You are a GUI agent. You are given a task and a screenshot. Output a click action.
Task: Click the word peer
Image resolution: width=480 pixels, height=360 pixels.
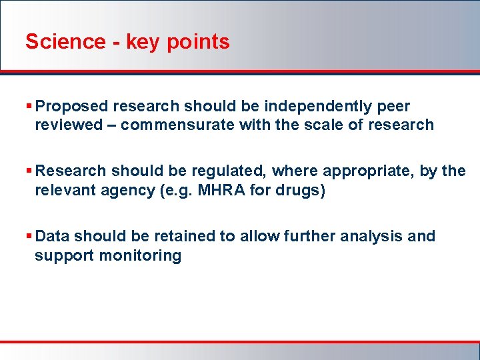[394, 107]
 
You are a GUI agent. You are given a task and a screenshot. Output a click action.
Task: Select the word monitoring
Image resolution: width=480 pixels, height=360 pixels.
[140, 255]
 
